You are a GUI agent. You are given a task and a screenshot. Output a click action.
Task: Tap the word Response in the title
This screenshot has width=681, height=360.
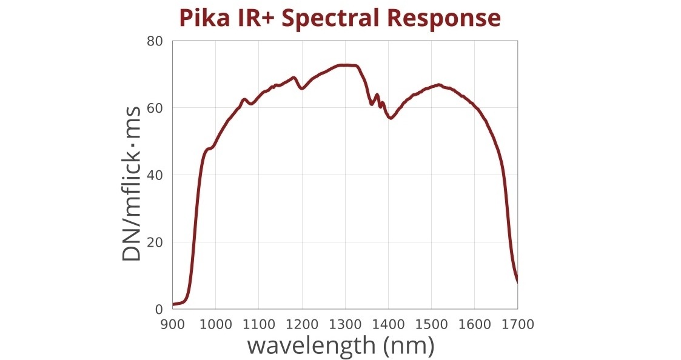point(444,18)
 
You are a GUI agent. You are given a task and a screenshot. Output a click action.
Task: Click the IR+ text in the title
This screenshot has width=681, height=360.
point(252,18)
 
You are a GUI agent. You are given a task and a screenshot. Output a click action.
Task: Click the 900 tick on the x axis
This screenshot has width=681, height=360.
point(173,325)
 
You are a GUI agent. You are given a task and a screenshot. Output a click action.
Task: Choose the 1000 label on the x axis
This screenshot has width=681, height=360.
point(216,325)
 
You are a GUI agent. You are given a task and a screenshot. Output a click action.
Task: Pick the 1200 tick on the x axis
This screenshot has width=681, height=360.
point(302,325)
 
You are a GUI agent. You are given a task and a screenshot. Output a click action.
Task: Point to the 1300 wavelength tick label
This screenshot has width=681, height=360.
point(345,325)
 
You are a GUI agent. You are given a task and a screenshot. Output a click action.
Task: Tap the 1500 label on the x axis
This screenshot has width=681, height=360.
point(431,325)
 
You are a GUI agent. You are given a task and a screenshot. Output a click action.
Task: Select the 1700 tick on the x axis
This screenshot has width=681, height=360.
point(517,325)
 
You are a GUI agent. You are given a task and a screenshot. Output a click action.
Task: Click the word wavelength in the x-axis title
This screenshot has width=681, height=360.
point(311,346)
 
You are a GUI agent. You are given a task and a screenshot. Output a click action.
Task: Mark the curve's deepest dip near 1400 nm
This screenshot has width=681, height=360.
point(391,118)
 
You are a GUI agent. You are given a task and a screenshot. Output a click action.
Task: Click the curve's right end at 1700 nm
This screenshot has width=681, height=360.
point(517,281)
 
